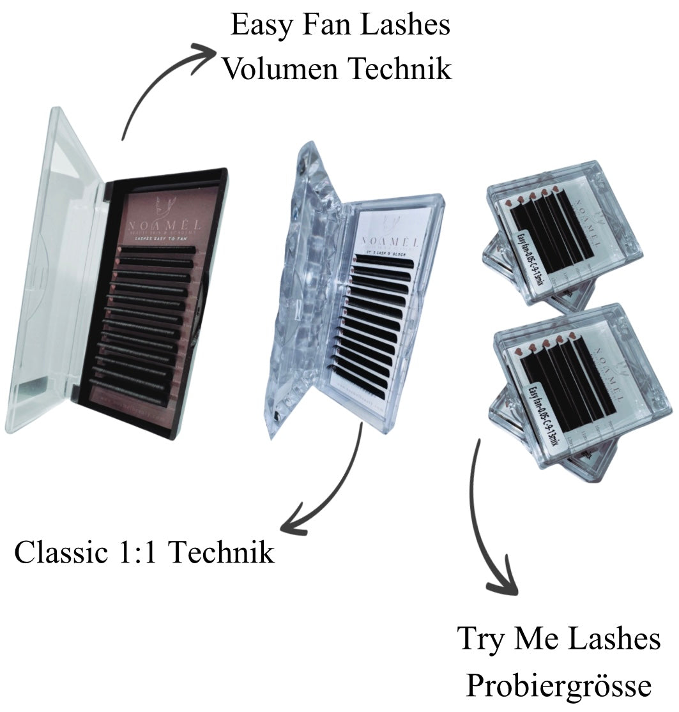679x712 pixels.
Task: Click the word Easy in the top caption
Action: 258,27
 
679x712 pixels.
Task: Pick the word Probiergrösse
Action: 558,686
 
